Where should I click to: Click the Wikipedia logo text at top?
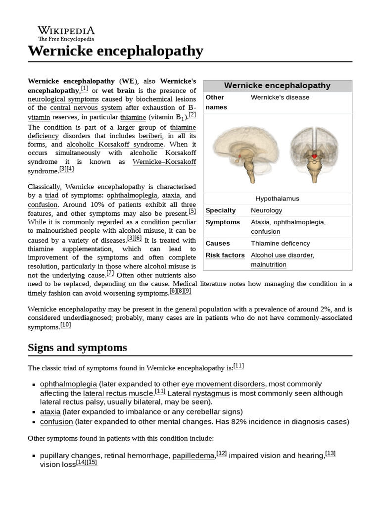(66, 30)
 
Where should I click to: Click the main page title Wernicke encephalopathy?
(115, 51)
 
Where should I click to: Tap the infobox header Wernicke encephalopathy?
(277, 86)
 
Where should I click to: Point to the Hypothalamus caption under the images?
(277, 199)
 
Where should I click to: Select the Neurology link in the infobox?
(266, 210)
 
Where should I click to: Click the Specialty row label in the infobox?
(221, 210)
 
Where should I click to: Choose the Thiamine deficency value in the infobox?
(280, 243)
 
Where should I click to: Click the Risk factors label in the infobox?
(225, 255)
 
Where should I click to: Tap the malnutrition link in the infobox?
(268, 264)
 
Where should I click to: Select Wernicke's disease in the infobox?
(280, 97)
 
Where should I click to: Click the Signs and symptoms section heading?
(77, 348)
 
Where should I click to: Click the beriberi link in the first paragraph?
(150, 135)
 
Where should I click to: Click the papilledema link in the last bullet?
(193, 456)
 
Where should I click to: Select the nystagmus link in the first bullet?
(211, 393)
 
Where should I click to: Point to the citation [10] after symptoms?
(66, 325)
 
